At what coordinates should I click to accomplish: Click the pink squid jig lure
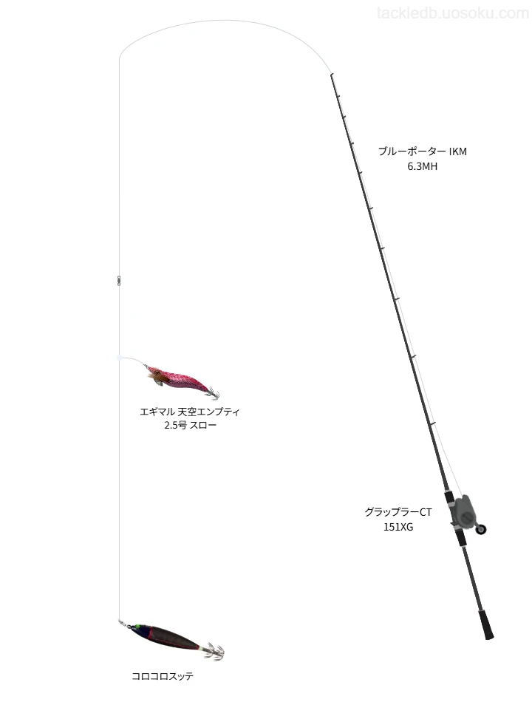click(x=181, y=381)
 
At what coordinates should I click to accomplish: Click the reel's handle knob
click(x=481, y=529)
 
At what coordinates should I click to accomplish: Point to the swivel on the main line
click(x=119, y=280)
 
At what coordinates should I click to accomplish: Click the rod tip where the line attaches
click(x=331, y=75)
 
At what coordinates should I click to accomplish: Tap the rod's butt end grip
click(x=485, y=624)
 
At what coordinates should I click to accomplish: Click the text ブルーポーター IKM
click(x=423, y=151)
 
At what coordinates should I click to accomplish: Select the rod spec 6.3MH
click(x=423, y=166)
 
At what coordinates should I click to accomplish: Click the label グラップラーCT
click(x=398, y=512)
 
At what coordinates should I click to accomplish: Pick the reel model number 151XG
click(x=398, y=527)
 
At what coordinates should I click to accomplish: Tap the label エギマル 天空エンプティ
click(x=190, y=412)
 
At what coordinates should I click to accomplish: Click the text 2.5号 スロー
click(x=190, y=425)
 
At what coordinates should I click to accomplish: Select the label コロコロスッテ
click(x=163, y=676)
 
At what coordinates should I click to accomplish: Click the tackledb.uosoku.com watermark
click(x=453, y=13)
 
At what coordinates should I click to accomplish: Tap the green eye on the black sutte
click(x=138, y=627)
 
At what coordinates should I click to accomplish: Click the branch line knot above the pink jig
click(x=119, y=357)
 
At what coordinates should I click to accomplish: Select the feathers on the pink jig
click(x=157, y=378)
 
